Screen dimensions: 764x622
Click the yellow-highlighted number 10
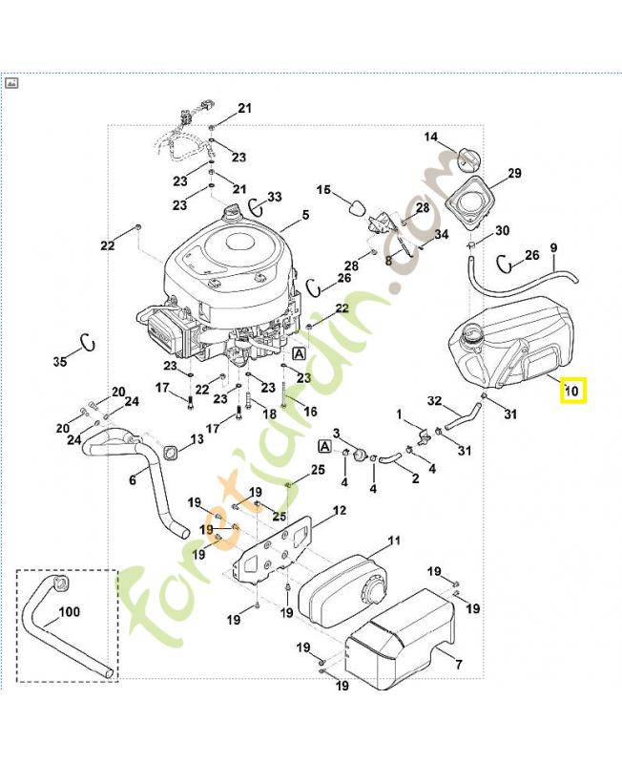click(x=572, y=390)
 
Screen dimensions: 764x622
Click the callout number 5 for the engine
click(x=306, y=215)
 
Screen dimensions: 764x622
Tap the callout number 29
click(x=515, y=173)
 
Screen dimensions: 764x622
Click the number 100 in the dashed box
click(x=70, y=612)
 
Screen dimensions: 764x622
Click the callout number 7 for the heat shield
click(x=459, y=664)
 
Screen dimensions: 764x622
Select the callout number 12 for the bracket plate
click(x=339, y=511)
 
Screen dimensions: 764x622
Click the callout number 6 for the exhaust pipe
click(x=133, y=480)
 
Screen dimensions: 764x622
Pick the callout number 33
click(x=275, y=197)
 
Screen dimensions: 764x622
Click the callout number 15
click(x=323, y=191)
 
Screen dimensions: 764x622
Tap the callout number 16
click(x=284, y=412)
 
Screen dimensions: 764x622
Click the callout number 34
click(x=442, y=234)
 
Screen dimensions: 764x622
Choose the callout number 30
click(x=503, y=230)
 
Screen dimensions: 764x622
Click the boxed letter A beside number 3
click(x=325, y=446)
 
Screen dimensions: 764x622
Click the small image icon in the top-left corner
click(x=13, y=83)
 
